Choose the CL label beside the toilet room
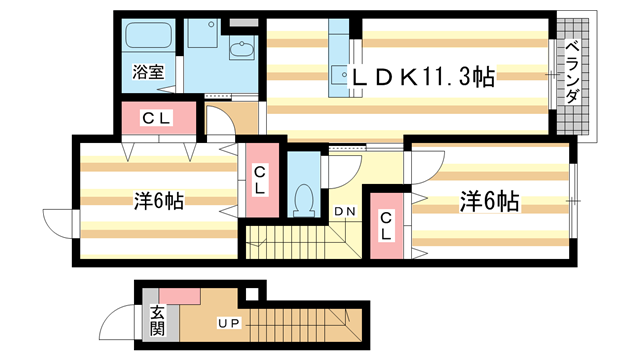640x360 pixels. coord(259,179)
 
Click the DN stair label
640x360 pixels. coord(345,211)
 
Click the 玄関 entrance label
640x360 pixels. coord(158,321)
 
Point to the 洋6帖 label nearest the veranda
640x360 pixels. coord(489,201)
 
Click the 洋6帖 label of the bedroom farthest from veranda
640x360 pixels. coord(158,201)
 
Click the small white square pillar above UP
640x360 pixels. coord(254,293)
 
